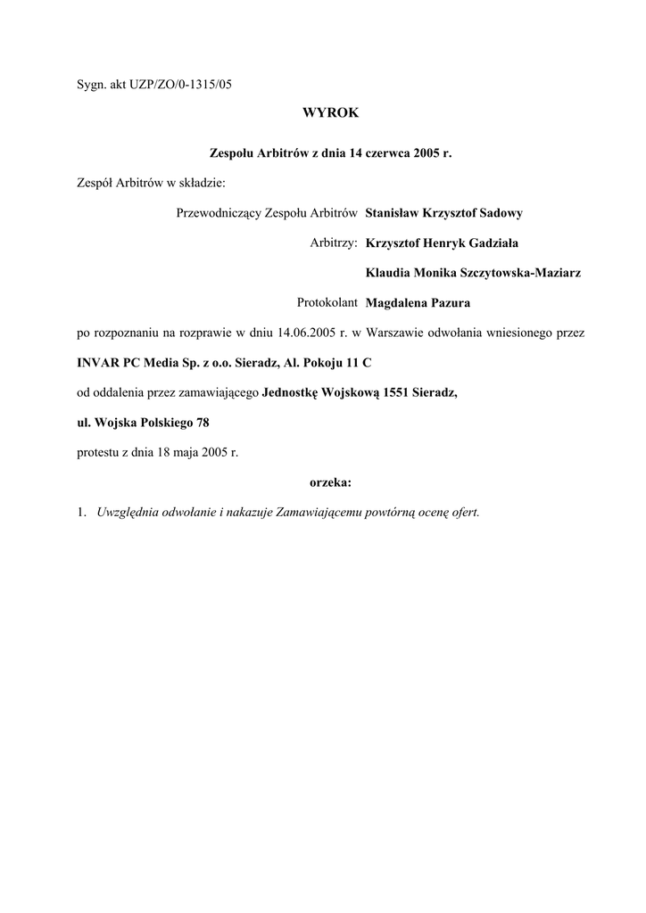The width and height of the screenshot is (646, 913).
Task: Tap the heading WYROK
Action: click(x=329, y=113)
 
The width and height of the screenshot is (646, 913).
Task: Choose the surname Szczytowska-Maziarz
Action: click(x=520, y=272)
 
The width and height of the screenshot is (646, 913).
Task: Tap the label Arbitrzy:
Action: click(x=333, y=243)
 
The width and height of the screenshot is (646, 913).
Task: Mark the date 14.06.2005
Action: click(x=306, y=333)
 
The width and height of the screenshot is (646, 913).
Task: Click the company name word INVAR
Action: click(x=97, y=362)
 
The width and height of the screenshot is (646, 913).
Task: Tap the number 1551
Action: click(x=397, y=392)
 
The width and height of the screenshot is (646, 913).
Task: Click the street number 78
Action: click(x=203, y=423)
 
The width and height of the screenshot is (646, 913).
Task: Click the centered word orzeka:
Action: click(x=329, y=482)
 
